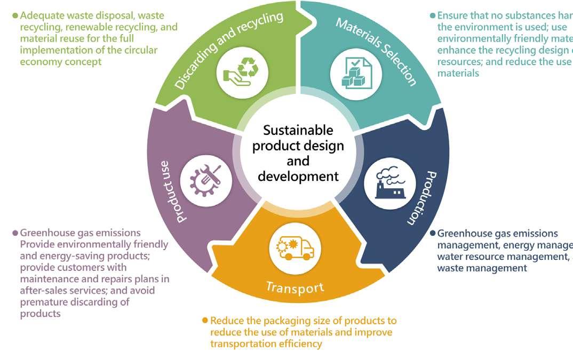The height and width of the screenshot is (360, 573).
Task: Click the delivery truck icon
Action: coord(295,247)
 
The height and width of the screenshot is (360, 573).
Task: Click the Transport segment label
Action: coord(295,287)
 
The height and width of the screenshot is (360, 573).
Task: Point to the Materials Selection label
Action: coord(376,51)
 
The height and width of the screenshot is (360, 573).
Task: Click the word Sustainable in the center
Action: coord(298,131)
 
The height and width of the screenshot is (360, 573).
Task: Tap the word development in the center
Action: coord(298,176)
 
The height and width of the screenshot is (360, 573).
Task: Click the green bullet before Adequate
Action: coord(15,15)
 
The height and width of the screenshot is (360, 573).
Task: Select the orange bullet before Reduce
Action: coord(205,321)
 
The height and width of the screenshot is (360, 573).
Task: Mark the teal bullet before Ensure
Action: coord(433,15)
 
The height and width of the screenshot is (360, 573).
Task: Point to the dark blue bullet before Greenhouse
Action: coord(433,234)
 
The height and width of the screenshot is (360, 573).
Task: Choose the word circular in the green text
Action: coord(144,50)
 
